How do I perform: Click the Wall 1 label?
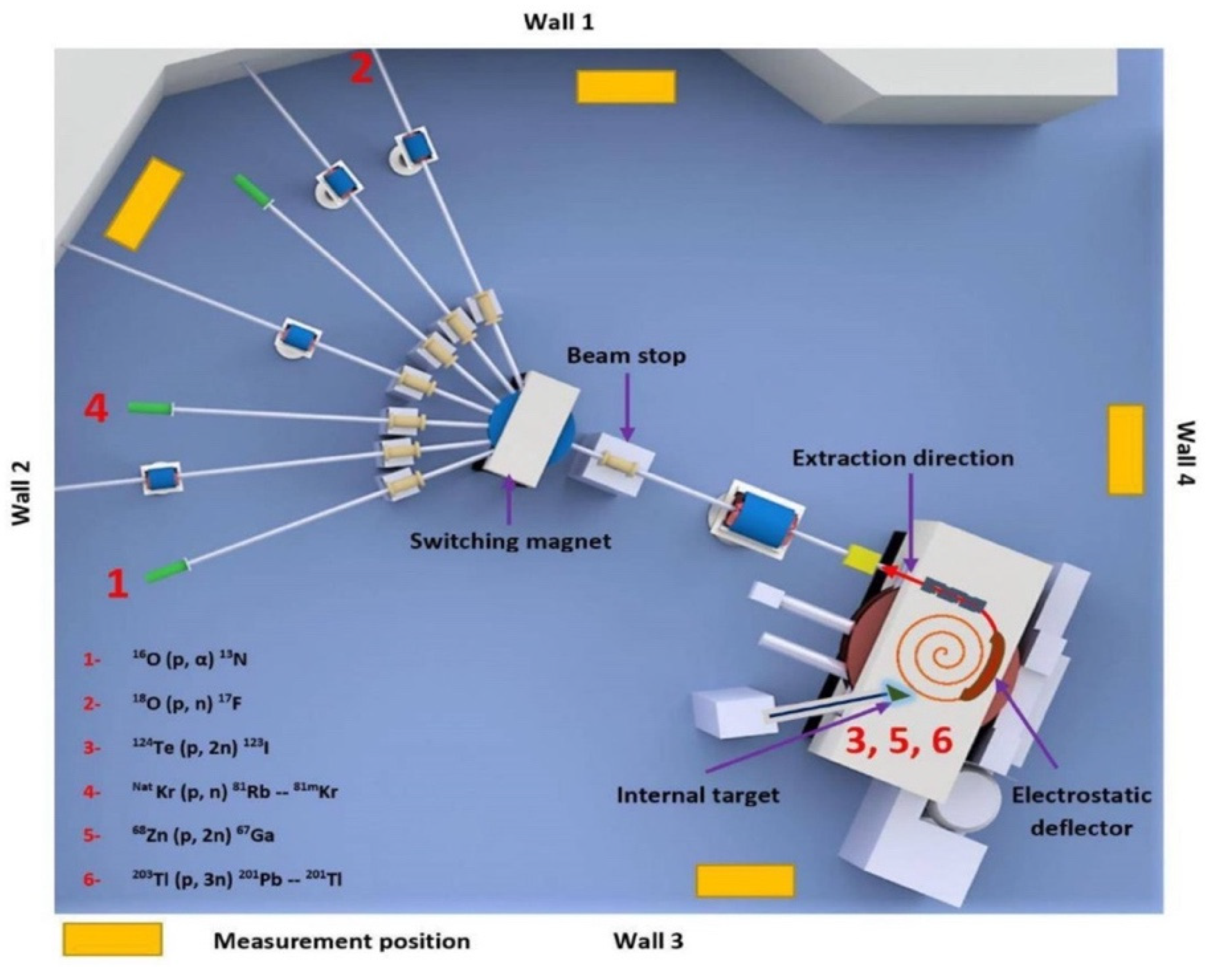point(558,22)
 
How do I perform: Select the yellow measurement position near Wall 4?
point(1125,450)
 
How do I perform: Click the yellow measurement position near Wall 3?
point(745,880)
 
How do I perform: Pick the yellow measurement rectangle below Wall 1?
point(626,87)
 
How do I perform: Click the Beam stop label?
point(626,356)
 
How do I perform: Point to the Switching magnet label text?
point(510,541)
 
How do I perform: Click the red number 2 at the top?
point(361,70)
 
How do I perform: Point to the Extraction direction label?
point(902,458)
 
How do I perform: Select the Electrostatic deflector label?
point(1081,811)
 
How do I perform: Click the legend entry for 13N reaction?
point(189,660)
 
